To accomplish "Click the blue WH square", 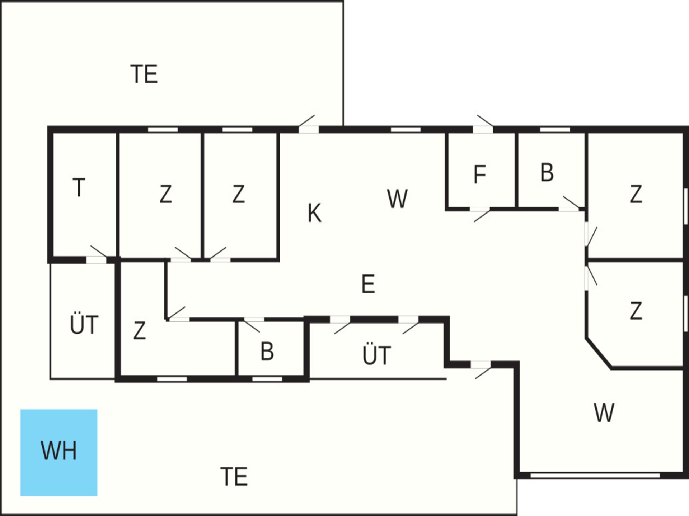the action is (x=59, y=452).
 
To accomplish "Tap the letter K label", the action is (x=314, y=213).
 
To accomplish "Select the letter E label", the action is (x=368, y=284).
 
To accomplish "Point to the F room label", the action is (x=480, y=175).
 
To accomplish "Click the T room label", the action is (x=79, y=187).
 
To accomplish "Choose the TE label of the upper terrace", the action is (x=144, y=74).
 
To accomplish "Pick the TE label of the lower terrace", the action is (x=234, y=477).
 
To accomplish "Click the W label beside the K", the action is (x=398, y=199).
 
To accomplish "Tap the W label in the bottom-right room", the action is (x=604, y=413).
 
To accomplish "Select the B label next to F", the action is (x=547, y=173).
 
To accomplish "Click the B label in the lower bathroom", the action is (x=267, y=352).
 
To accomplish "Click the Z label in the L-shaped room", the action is (x=140, y=330).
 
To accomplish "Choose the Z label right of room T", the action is (x=165, y=194).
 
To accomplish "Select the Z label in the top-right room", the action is (x=636, y=194).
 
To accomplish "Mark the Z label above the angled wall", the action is (x=636, y=311).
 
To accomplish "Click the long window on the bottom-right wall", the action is (x=595, y=476).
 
